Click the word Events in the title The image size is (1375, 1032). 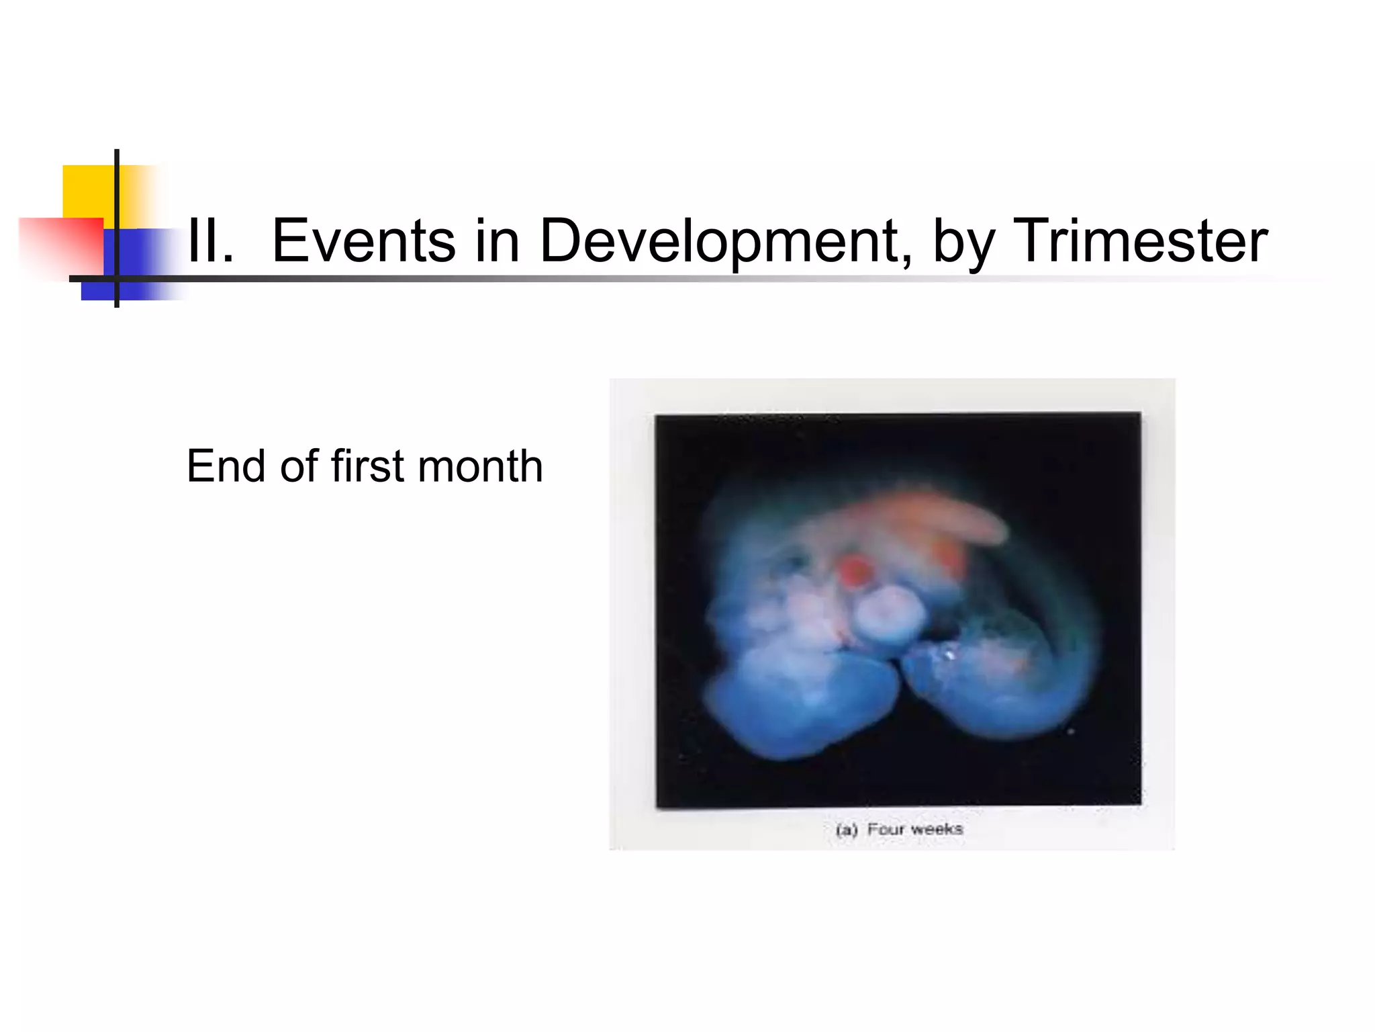pos(363,241)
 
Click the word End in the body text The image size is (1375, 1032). pos(225,466)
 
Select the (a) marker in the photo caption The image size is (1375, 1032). pos(847,830)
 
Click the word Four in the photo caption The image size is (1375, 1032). pos(886,829)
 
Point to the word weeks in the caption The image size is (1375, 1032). pos(937,829)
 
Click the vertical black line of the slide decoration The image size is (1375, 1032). pos(117,202)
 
